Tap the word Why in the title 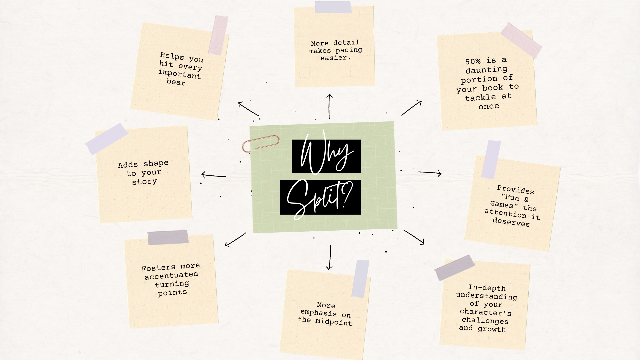(x=326, y=155)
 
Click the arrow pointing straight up (x=329, y=106)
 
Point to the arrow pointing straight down (x=330, y=258)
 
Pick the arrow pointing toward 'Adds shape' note (x=213, y=175)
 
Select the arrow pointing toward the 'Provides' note (x=429, y=173)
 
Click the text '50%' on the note (x=473, y=62)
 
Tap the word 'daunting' (x=486, y=70)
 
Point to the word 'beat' (x=176, y=82)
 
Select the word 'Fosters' (x=158, y=268)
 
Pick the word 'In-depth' (x=487, y=288)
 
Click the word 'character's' (x=485, y=313)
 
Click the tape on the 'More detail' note (x=333, y=7)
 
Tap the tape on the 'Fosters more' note (x=168, y=237)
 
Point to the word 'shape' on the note (x=156, y=163)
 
